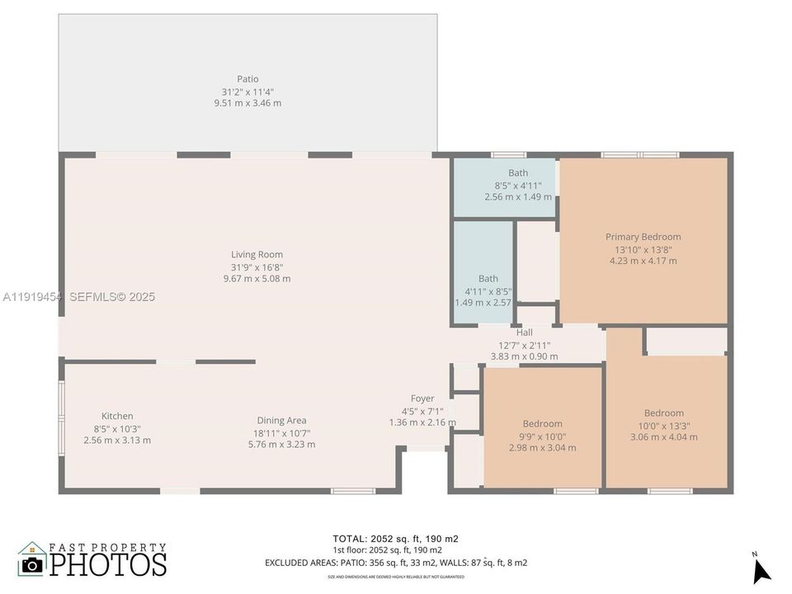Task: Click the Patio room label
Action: pyautogui.click(x=247, y=79)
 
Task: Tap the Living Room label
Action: pyautogui.click(x=257, y=255)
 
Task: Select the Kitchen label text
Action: pyautogui.click(x=117, y=416)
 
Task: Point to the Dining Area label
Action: pyautogui.click(x=281, y=420)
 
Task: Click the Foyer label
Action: pyautogui.click(x=422, y=398)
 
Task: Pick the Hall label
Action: pyautogui.click(x=524, y=332)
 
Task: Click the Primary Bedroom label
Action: pyautogui.click(x=643, y=237)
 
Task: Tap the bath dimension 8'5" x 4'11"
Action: pyautogui.click(x=518, y=186)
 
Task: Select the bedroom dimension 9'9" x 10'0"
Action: pyautogui.click(x=542, y=436)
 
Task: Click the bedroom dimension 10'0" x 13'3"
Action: pyautogui.click(x=663, y=426)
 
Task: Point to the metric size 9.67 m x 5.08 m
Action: pyautogui.click(x=257, y=279)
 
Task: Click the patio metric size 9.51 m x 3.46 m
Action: pyautogui.click(x=247, y=103)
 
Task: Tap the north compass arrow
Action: pyautogui.click(x=761, y=570)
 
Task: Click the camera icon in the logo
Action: pyautogui.click(x=32, y=563)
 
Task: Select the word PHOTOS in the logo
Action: pyautogui.click(x=107, y=564)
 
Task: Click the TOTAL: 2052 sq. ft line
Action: pyautogui.click(x=395, y=539)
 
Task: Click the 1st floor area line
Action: pyautogui.click(x=387, y=550)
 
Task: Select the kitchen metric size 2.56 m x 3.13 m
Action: pyautogui.click(x=117, y=440)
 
